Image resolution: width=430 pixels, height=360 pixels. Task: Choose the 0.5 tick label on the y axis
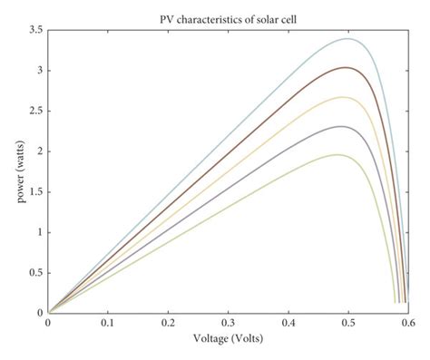tap(34, 272)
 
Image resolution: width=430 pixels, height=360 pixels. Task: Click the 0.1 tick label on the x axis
tap(108, 322)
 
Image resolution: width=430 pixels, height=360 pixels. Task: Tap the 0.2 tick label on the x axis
tap(168, 322)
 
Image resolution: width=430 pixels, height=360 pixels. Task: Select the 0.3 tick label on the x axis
tap(228, 322)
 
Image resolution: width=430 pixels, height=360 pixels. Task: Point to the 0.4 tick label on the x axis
tap(288, 322)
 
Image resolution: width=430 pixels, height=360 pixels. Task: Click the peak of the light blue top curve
tap(349, 39)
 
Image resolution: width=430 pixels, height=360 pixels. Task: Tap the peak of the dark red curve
tap(347, 67)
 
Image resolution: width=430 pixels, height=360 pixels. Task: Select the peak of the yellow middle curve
tap(343, 97)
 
